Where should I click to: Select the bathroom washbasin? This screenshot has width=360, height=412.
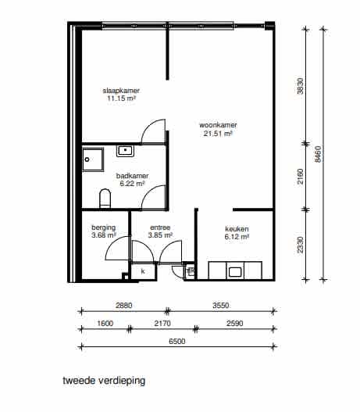pyautogui.click(x=126, y=150)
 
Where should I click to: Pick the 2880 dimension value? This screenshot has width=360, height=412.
pyautogui.click(x=124, y=304)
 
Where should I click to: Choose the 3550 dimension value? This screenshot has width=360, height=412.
pyautogui.click(x=220, y=304)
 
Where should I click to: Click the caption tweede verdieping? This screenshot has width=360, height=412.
pyautogui.click(x=104, y=382)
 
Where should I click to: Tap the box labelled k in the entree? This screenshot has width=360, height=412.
pyautogui.click(x=143, y=270)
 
